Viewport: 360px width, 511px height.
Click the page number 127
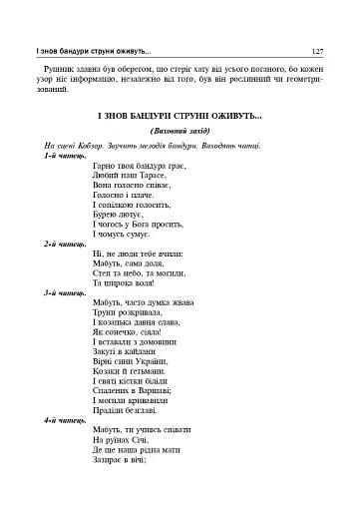316,50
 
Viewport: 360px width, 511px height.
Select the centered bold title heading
180,117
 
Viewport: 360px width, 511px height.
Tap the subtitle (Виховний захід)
180,132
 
